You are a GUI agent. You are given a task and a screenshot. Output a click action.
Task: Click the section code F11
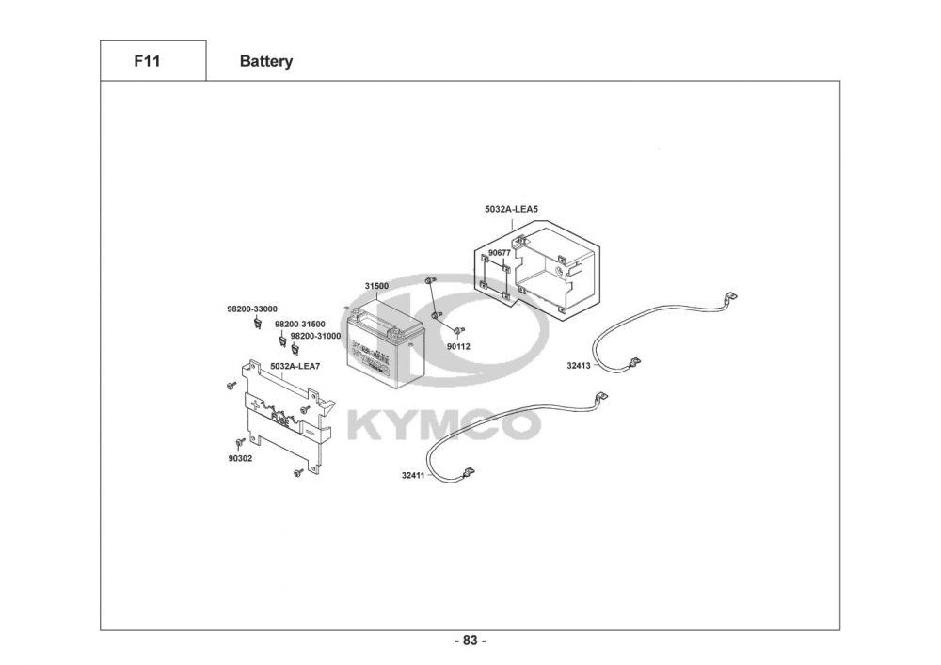[x=146, y=61]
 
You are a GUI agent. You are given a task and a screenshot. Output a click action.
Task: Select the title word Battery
[x=266, y=62]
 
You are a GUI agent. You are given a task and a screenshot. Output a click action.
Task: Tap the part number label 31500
[x=376, y=286]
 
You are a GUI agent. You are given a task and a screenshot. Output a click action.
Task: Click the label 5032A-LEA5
[x=511, y=209]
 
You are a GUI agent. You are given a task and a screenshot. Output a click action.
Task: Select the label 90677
[x=500, y=253]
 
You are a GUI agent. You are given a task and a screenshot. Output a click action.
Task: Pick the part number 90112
[x=458, y=346]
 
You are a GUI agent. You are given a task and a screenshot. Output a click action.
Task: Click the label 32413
[x=578, y=366]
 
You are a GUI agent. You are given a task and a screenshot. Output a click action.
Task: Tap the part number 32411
[x=413, y=476]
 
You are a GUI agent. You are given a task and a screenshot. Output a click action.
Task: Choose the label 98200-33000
[x=251, y=309]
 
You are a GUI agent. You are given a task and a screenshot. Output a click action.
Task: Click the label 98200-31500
[x=299, y=324]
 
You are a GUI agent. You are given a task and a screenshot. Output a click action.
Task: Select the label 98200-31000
[x=315, y=336]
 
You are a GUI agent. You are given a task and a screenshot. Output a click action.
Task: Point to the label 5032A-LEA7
[x=294, y=366]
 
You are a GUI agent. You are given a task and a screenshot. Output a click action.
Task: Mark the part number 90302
[x=240, y=458]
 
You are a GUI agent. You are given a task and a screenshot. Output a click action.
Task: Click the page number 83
[x=470, y=641]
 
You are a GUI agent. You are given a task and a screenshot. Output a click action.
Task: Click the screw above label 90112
[x=457, y=330]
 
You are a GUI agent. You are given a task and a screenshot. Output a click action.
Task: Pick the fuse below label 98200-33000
[x=256, y=324]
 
